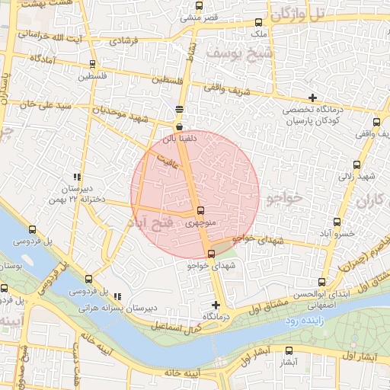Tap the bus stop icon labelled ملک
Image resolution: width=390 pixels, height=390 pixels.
click(x=259, y=22)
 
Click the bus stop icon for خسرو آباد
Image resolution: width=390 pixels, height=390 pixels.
click(x=329, y=222)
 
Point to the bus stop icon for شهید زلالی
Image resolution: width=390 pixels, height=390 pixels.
click(x=356, y=165)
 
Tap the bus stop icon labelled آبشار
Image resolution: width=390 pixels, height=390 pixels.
click(x=288, y=351)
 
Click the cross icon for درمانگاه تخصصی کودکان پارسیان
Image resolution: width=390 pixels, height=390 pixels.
click(x=312, y=97)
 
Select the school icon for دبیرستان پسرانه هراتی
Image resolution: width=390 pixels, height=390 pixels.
click(x=117, y=296)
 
